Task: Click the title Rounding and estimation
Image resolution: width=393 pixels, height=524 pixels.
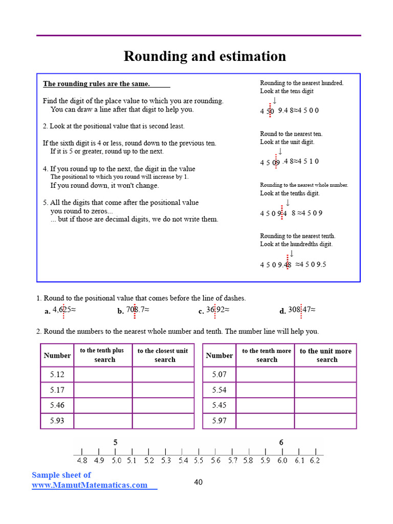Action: point(205,56)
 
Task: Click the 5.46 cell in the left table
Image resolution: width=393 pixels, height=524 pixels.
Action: point(57,405)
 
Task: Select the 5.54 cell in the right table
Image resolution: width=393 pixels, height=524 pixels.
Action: point(219,390)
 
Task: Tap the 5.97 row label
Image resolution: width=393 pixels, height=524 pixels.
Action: point(219,421)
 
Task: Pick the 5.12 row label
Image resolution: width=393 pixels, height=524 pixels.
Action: point(57,375)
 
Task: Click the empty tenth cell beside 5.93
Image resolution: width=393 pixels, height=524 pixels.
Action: point(103,421)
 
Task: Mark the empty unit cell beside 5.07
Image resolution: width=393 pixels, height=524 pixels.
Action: point(325,375)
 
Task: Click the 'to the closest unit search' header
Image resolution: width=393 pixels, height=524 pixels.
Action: point(163,355)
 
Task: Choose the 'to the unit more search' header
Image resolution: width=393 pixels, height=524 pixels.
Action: point(325,355)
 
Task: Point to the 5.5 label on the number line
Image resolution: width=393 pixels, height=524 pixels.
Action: point(199,461)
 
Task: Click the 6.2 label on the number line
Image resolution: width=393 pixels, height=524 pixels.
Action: point(315,461)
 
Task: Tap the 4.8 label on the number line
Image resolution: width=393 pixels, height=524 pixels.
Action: point(82,461)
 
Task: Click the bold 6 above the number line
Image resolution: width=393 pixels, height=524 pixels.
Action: point(281,442)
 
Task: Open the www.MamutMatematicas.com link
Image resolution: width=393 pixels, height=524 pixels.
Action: point(90,485)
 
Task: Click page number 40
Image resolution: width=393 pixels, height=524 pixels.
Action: point(199,482)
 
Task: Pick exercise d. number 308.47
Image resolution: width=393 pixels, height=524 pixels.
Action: point(301,310)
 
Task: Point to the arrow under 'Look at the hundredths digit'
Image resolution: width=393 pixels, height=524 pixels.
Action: point(292,254)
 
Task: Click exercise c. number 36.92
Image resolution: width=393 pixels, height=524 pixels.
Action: point(217,310)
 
